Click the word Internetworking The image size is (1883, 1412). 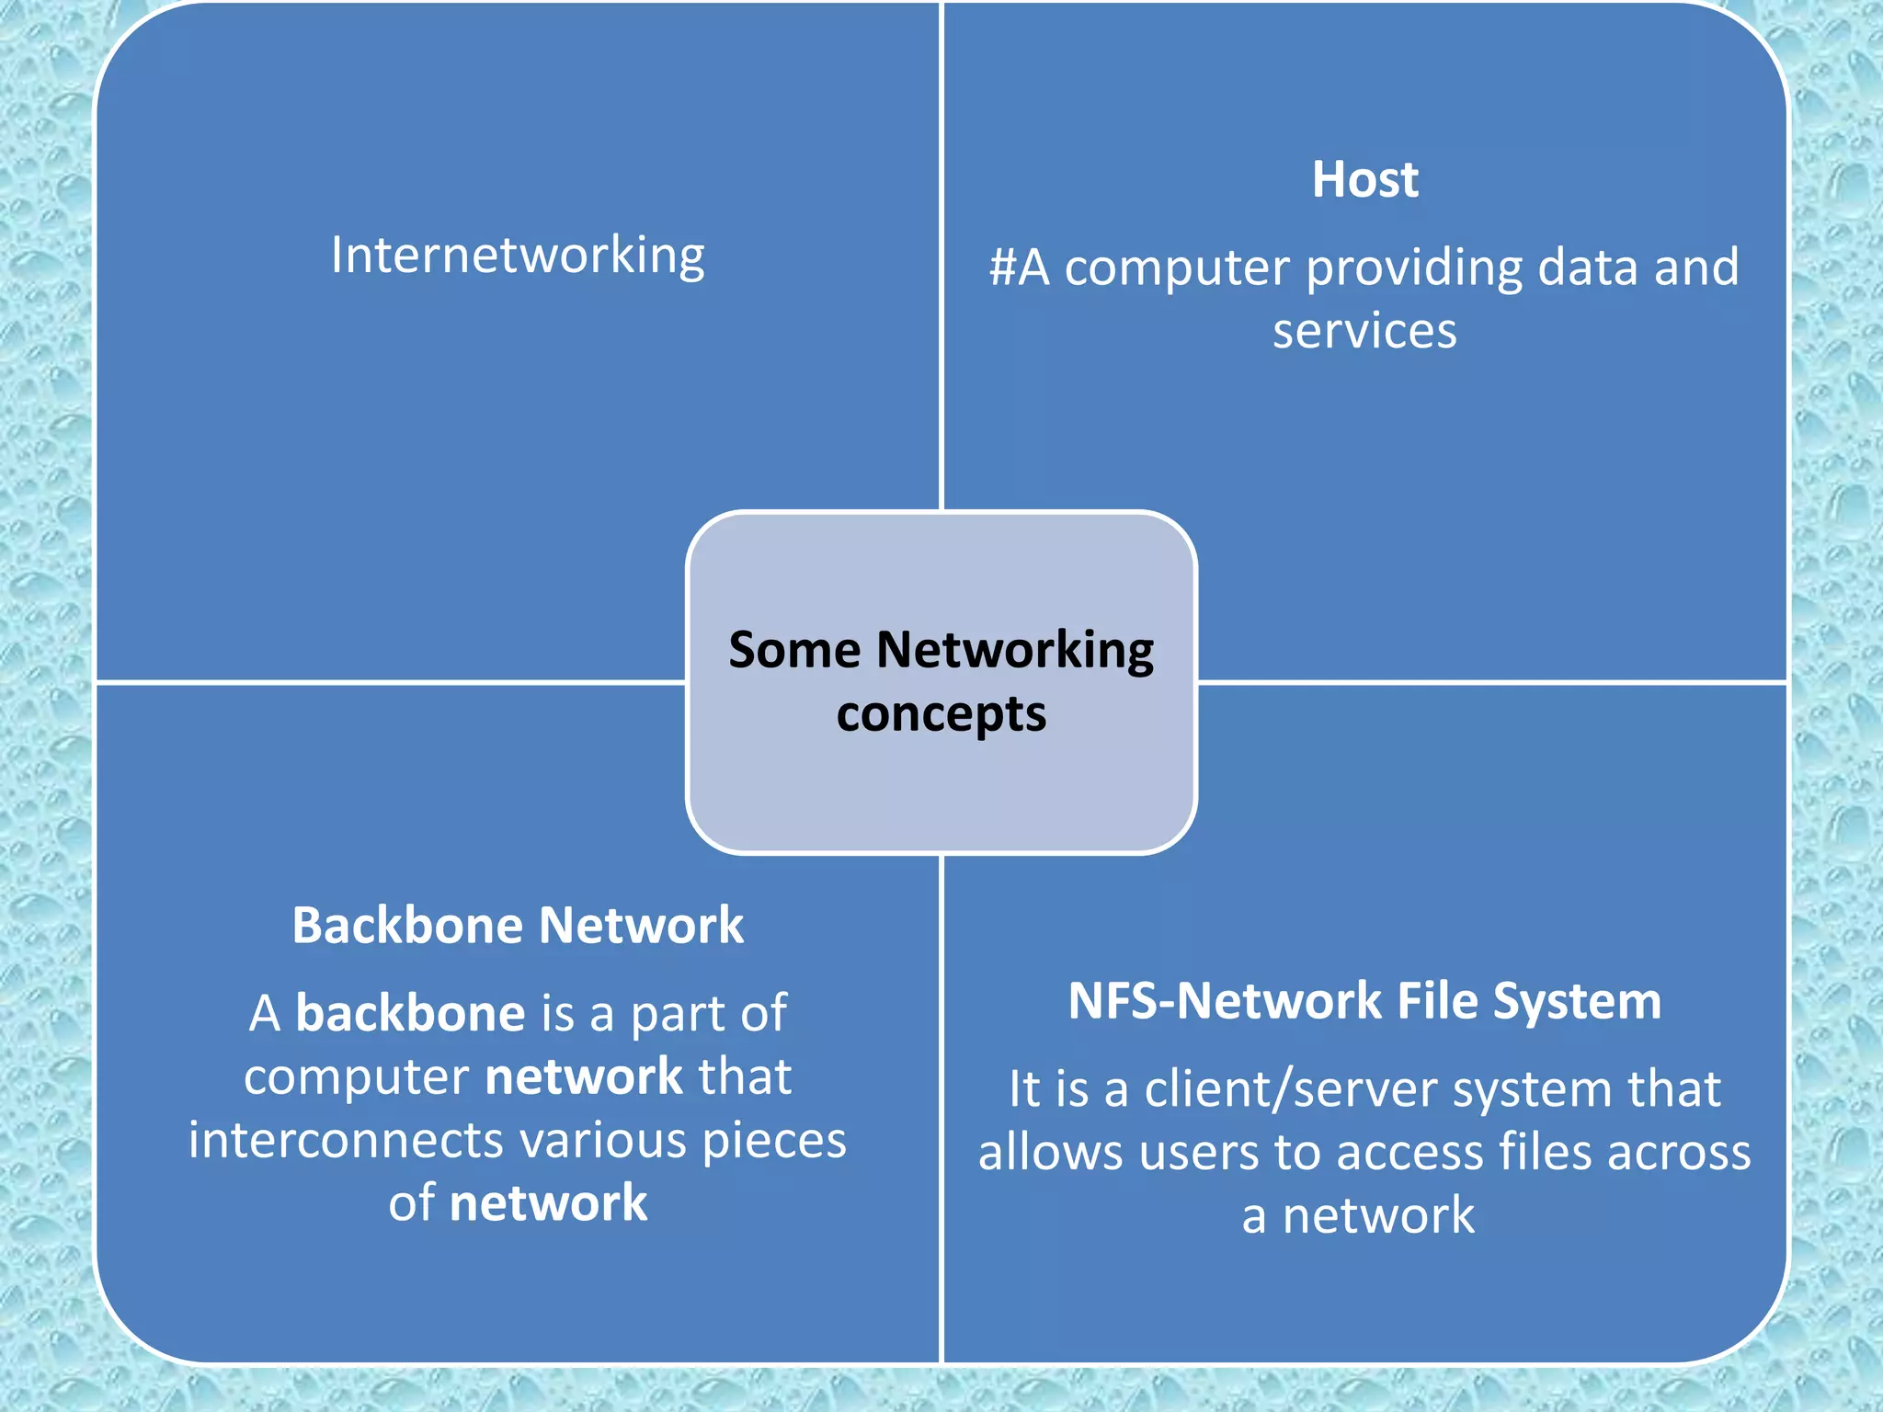point(518,256)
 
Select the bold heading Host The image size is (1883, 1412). point(1364,179)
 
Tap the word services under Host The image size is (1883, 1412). point(1364,331)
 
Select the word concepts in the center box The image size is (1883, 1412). point(941,714)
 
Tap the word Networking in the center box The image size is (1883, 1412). point(1015,652)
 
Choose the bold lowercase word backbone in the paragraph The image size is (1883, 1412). point(410,1013)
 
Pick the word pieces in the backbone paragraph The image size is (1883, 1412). point(773,1142)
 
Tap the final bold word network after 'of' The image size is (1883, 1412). point(548,1203)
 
